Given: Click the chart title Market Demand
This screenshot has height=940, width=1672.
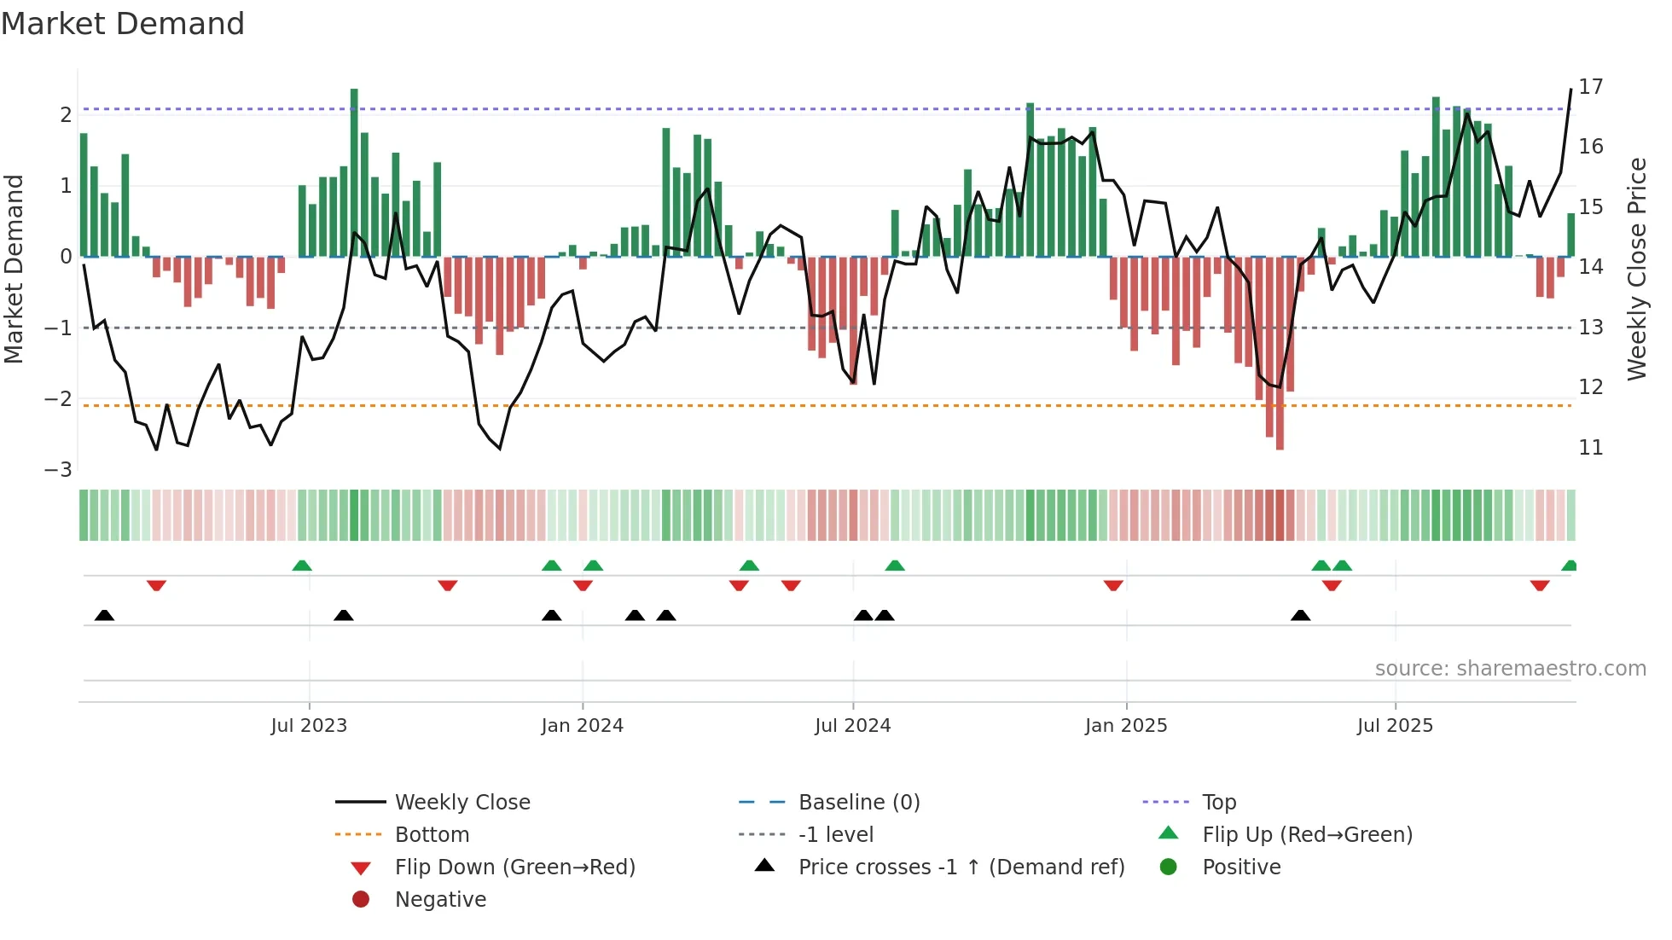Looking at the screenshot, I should (123, 23).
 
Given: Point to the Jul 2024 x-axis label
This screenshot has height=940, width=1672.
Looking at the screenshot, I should (852, 726).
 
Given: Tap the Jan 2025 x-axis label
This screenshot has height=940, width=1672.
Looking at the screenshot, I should (1125, 726).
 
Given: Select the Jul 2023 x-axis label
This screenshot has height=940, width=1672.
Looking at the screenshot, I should (309, 726).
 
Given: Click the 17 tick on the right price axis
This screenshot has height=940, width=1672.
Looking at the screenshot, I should (1590, 86).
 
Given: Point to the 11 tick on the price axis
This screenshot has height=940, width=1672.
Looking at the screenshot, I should (1590, 447).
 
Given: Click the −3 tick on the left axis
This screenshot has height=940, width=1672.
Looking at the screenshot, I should (58, 469).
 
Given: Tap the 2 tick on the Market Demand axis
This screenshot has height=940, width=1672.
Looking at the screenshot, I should (66, 114).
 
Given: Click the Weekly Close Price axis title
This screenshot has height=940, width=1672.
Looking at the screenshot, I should (1636, 269).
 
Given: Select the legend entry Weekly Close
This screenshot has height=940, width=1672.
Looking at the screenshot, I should (462, 802).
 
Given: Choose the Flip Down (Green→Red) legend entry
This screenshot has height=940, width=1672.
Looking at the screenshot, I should (514, 867).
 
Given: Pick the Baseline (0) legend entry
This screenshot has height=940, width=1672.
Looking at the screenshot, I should (858, 802).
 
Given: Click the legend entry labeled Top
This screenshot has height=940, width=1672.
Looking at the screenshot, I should (1218, 802).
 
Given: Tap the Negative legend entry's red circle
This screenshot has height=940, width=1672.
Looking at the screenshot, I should (361, 899).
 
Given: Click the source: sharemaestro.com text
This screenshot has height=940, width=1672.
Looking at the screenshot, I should (1510, 668).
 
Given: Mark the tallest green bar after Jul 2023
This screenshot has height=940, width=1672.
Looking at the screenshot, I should (354, 171).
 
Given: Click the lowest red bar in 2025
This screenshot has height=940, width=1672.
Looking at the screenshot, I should (1280, 354).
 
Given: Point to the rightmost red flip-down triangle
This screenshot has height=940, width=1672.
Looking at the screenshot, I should (1539, 585).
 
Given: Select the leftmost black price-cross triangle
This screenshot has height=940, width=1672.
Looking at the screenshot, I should (104, 615).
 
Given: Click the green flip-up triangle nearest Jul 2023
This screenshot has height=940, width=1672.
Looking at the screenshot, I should (302, 566).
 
